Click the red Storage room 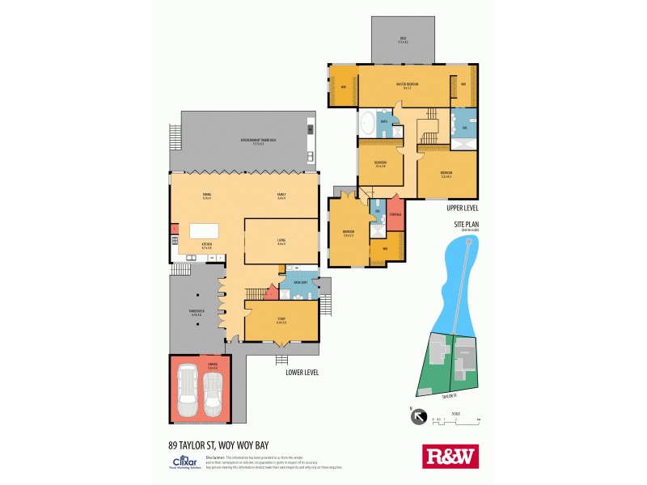tap(395, 214)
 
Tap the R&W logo tap(450, 457)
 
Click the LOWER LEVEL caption tap(302, 373)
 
